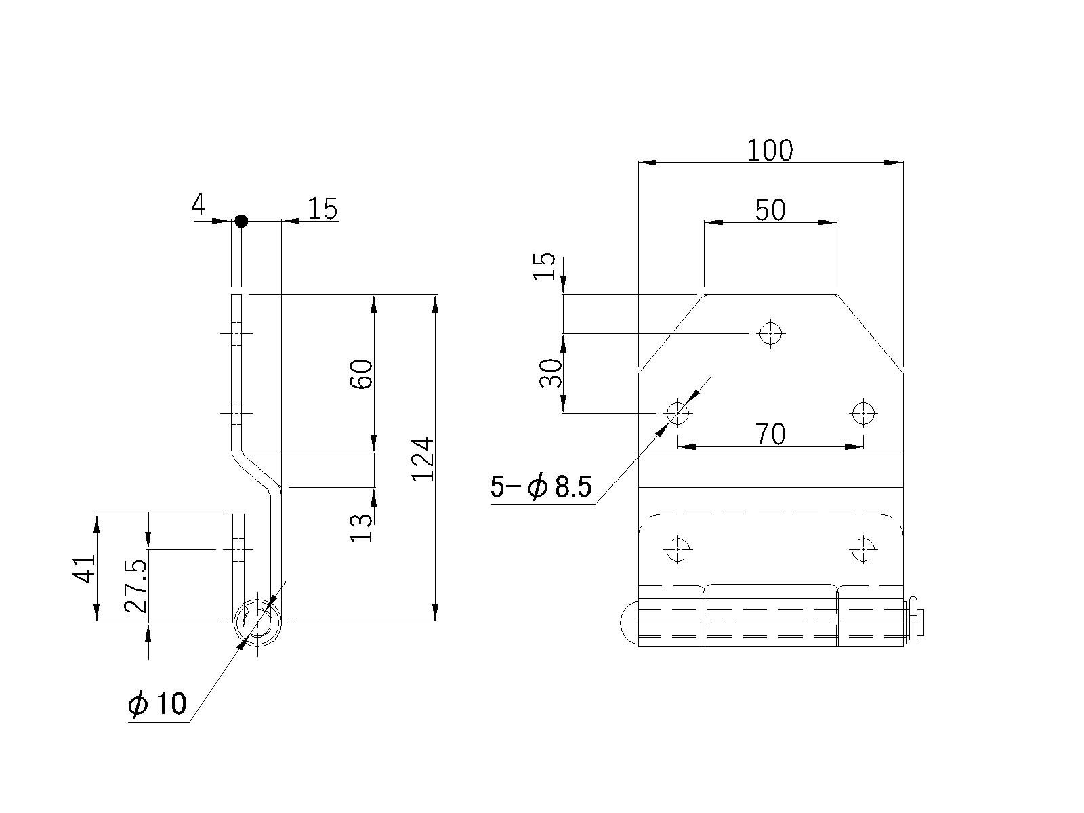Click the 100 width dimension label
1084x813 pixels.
770,150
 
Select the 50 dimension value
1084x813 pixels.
770,210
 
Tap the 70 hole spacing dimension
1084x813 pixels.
770,434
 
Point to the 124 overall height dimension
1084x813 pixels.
423,459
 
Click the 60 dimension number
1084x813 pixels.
361,374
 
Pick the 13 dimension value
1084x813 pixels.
361,528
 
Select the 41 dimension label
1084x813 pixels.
83,568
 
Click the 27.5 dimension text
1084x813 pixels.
135,586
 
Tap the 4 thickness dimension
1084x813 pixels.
199,204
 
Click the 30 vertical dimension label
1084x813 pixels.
551,373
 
